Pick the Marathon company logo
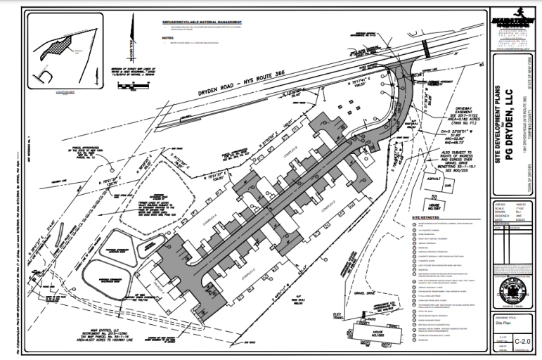(510, 20)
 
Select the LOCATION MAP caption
(62, 91)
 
